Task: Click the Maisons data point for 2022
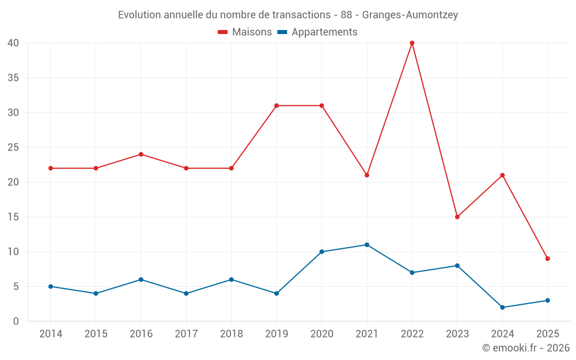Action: [x=412, y=43]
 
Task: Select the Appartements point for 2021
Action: [x=367, y=245]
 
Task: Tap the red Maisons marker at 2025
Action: [x=547, y=259]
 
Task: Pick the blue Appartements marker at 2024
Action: [x=502, y=308]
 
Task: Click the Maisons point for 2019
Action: [x=276, y=105]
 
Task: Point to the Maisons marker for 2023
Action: [x=457, y=217]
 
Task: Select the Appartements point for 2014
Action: [x=51, y=286]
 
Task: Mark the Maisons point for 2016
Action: [x=141, y=154]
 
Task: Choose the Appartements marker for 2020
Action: [x=321, y=252]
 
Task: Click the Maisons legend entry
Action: [x=245, y=32]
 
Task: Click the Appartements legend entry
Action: [x=318, y=32]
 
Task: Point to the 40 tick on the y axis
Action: [x=13, y=43]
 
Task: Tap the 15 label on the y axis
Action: [x=13, y=217]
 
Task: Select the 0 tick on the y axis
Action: [x=16, y=321]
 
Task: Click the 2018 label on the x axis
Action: [x=231, y=334]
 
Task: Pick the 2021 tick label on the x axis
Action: [x=367, y=334]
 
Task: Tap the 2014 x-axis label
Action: [x=51, y=334]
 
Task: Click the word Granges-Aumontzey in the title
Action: [x=410, y=15]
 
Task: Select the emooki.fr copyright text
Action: [x=525, y=348]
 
